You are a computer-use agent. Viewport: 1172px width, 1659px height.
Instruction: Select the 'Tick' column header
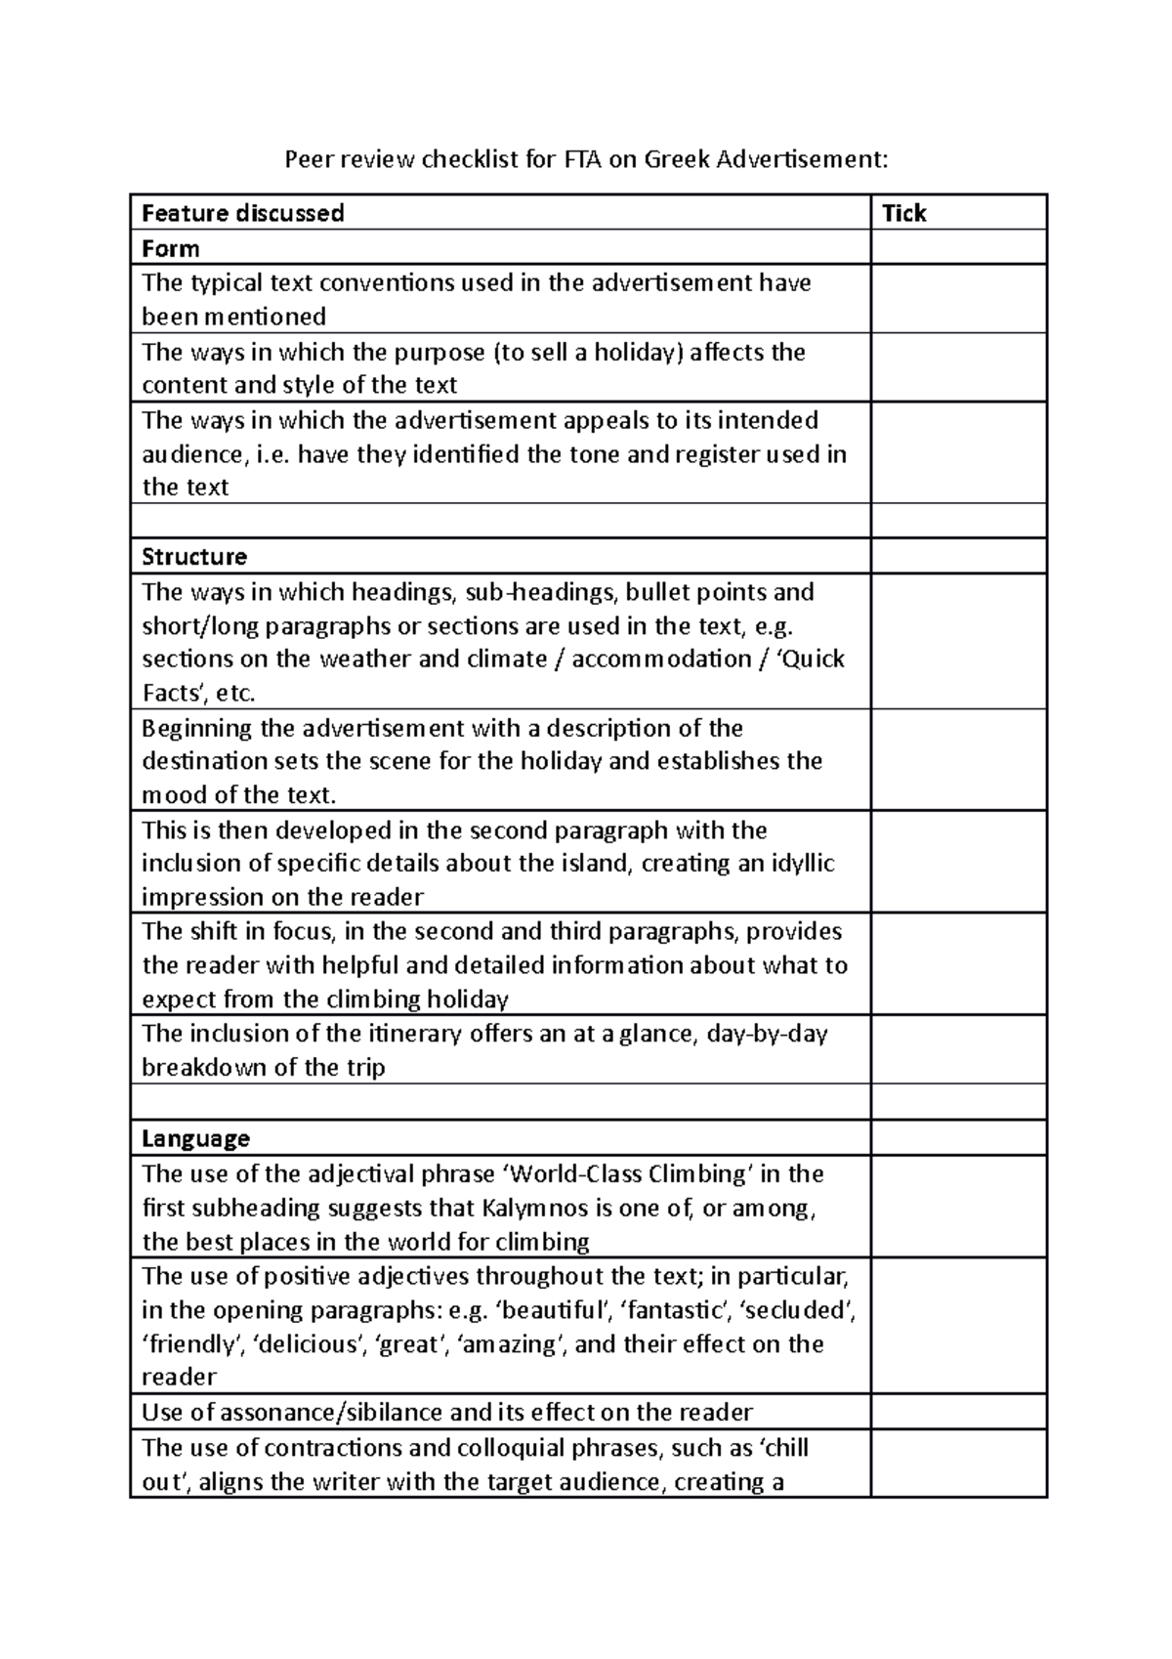tap(903, 213)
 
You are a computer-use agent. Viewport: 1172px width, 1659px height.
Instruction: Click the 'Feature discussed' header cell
tap(243, 213)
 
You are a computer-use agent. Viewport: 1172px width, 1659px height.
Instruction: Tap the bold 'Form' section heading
tap(171, 248)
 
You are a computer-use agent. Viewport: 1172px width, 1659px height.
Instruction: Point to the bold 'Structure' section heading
tap(194, 557)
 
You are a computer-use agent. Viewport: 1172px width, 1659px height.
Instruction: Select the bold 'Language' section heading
tap(195, 1138)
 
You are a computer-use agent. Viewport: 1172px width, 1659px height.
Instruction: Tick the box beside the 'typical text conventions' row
tap(957, 299)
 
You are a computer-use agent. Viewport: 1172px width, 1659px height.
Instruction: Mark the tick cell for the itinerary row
tap(957, 1049)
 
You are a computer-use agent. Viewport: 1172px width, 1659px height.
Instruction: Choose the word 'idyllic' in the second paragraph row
tap(802, 864)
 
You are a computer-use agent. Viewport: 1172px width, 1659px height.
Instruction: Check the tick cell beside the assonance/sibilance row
tap(957, 1413)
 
